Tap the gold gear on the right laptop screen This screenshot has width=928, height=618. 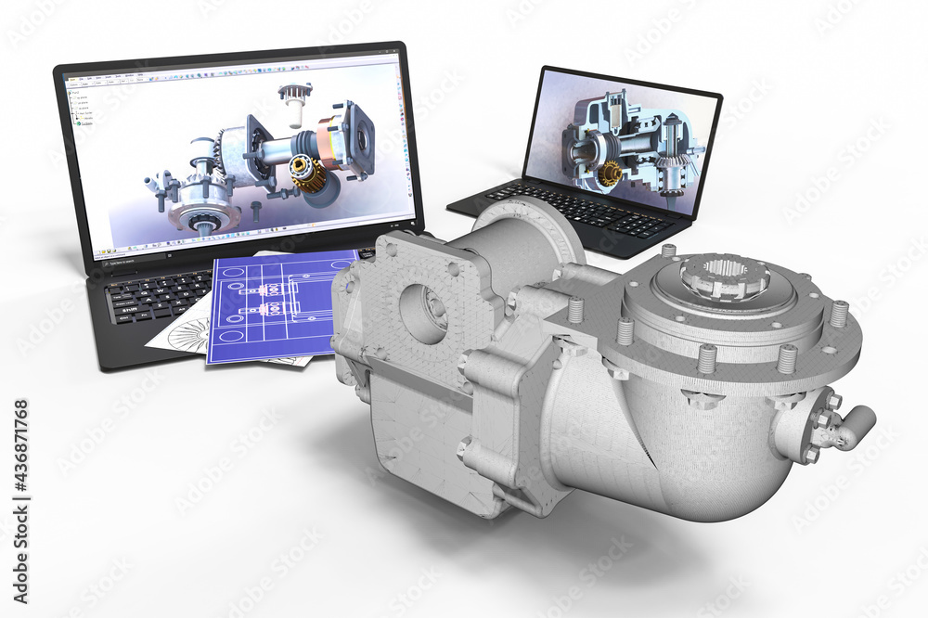pos(609,173)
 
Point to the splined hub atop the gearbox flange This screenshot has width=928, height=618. pos(723,276)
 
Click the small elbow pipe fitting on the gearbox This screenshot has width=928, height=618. pos(849,426)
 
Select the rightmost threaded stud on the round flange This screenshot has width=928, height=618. pos(839,313)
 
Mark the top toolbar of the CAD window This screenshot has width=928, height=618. pos(232,74)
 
